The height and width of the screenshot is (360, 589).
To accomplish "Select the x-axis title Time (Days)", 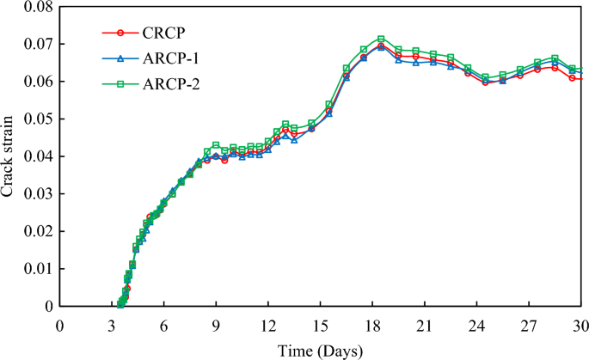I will pos(320,351).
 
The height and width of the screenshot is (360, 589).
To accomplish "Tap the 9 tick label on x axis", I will pos(215,326).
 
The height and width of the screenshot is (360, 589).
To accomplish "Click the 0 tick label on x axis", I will pos(58,326).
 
